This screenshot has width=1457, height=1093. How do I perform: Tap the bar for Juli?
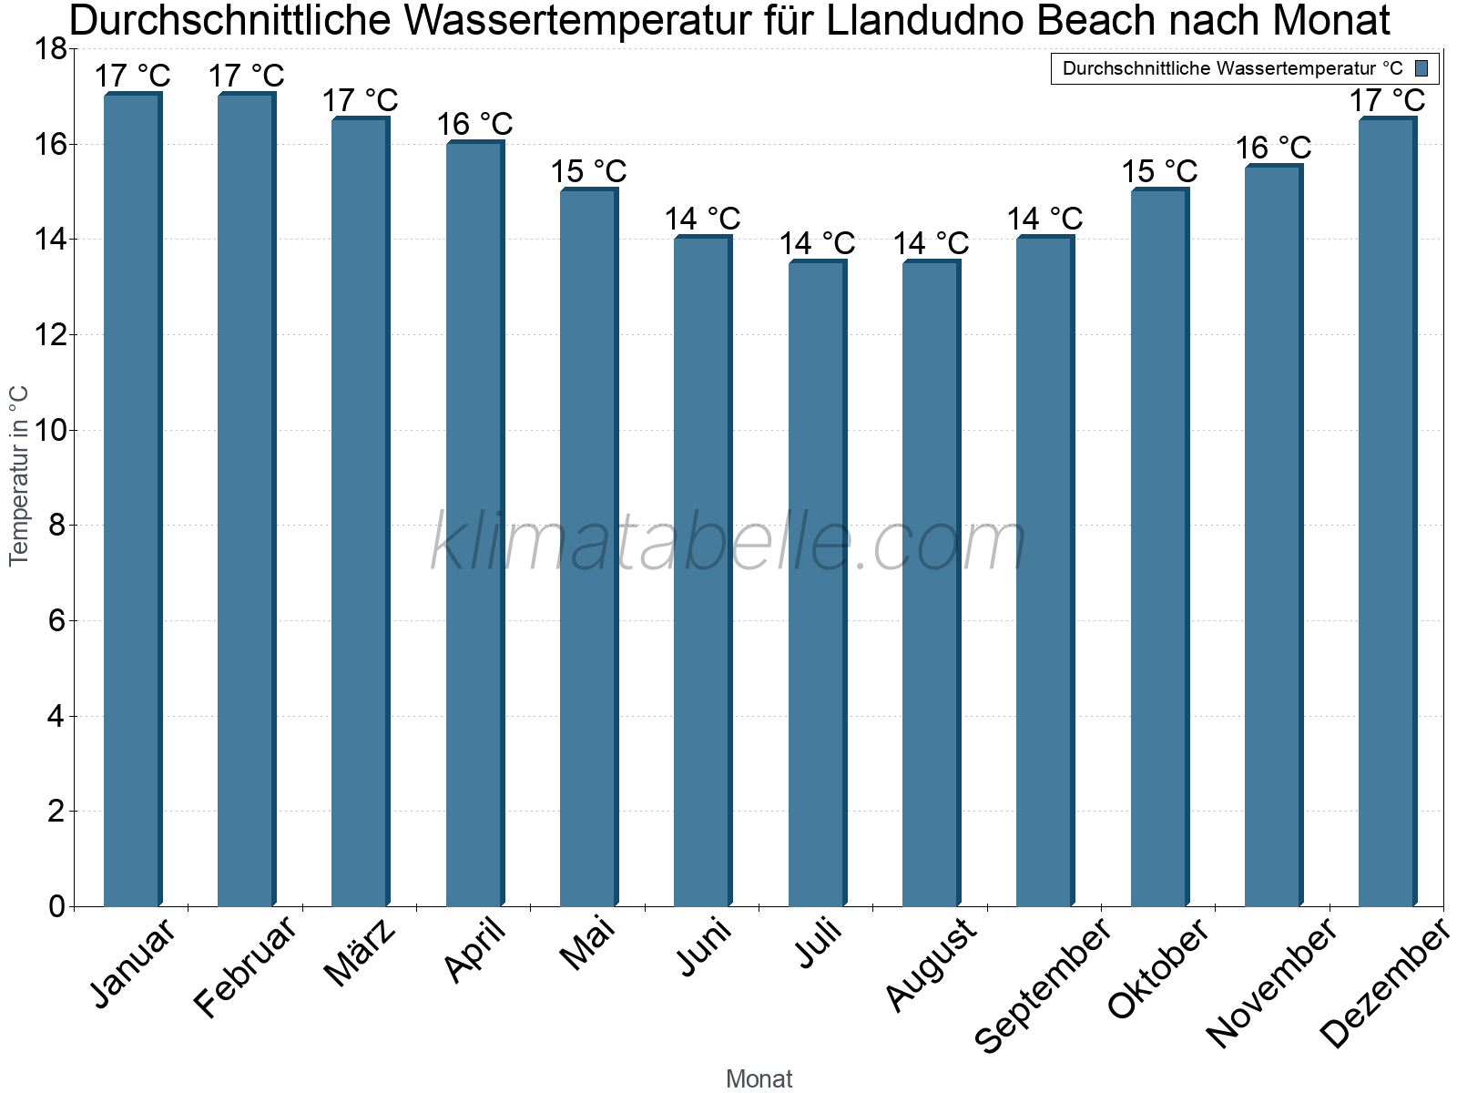click(x=817, y=583)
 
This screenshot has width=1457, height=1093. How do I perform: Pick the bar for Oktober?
click(x=1159, y=546)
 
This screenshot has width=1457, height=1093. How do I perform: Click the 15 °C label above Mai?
click(x=588, y=171)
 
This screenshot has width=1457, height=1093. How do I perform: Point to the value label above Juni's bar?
click(x=702, y=219)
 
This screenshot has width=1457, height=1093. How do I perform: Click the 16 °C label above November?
click(x=1273, y=148)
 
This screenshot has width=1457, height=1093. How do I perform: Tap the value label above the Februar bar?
click(x=246, y=76)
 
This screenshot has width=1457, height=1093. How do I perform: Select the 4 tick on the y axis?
click(x=56, y=716)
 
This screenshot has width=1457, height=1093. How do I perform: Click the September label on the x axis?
click(x=1044, y=985)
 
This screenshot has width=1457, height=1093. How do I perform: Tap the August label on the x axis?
click(x=931, y=965)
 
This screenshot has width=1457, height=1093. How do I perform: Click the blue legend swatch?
click(x=1421, y=68)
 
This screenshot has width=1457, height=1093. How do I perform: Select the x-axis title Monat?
click(x=759, y=1078)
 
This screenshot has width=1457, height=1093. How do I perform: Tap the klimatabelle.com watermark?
click(x=728, y=543)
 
